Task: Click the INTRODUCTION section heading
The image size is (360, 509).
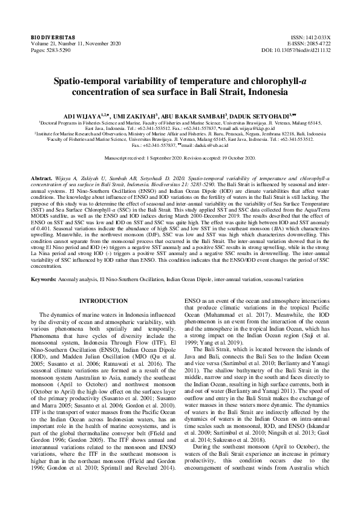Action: pyautogui.click(x=103, y=300)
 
